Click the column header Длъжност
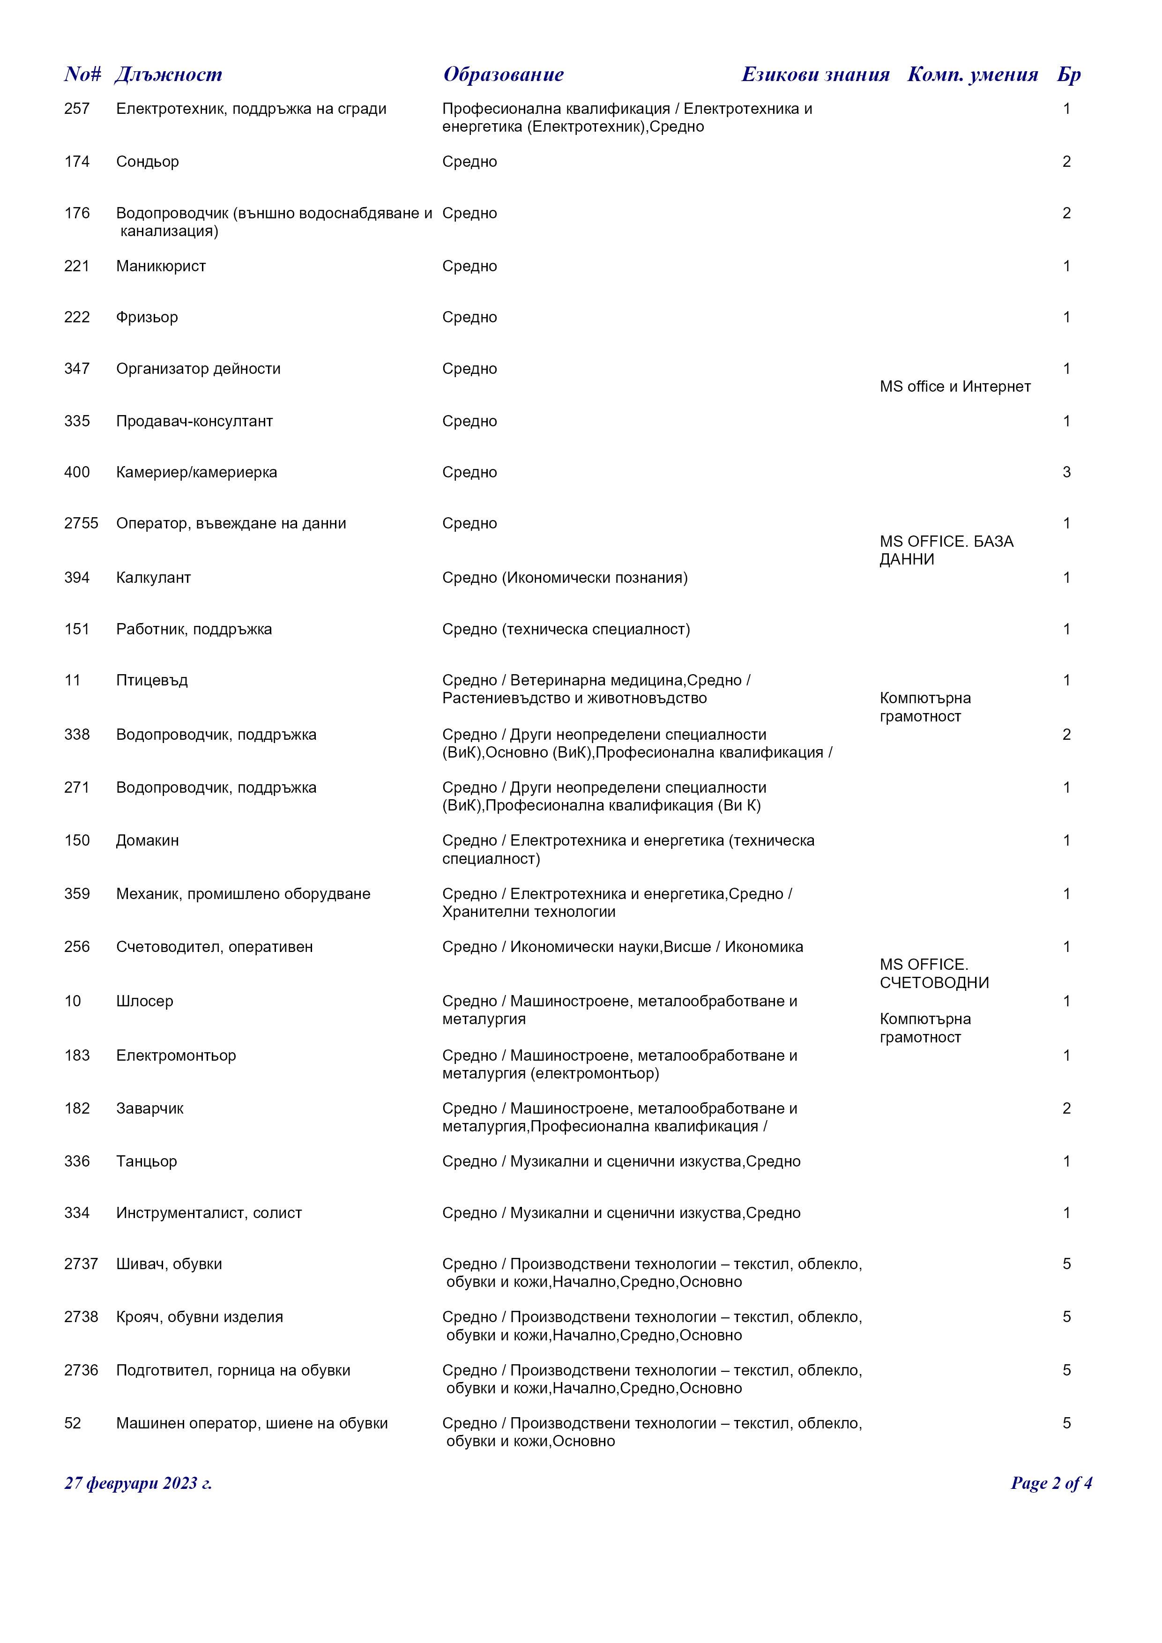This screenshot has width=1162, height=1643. tap(168, 74)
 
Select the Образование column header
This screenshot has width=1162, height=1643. tap(503, 74)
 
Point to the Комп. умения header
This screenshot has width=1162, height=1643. tap(972, 74)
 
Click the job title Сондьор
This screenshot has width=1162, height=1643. tap(148, 162)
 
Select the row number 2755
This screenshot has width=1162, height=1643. tap(81, 523)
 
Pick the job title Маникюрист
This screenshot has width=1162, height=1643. tap(161, 266)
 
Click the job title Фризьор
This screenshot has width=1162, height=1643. tap(147, 317)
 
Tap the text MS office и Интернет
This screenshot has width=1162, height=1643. tap(955, 387)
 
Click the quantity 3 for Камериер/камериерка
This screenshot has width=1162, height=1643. tap(1066, 472)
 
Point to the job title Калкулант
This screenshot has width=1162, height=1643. tap(153, 578)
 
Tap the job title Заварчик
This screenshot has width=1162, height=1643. tap(149, 1108)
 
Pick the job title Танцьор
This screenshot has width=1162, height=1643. tap(146, 1161)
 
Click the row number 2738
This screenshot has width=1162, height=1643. tap(81, 1316)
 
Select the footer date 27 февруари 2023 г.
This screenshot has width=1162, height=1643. tap(138, 1483)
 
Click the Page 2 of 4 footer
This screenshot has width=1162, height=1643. tap(1051, 1483)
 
